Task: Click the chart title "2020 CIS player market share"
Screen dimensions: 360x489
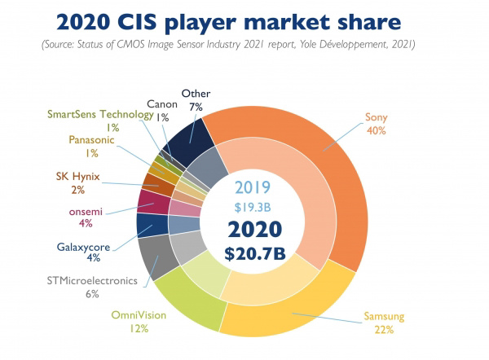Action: tap(244, 20)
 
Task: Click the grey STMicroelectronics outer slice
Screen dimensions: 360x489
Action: tap(152, 255)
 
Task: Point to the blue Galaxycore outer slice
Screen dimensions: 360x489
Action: tap(147, 225)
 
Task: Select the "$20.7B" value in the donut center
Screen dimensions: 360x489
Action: tap(258, 252)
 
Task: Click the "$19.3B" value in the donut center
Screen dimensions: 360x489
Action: tap(258, 205)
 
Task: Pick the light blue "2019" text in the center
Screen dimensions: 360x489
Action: tap(258, 185)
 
